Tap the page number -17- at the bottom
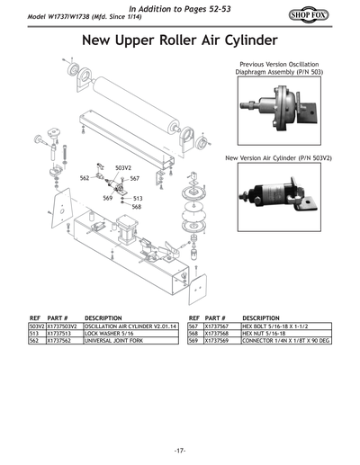[180, 450]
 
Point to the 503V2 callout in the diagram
[123, 168]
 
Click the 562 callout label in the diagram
[85, 179]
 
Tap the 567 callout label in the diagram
[134, 179]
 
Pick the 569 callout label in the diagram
[107, 198]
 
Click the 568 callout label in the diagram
[137, 207]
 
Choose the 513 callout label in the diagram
[138, 198]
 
